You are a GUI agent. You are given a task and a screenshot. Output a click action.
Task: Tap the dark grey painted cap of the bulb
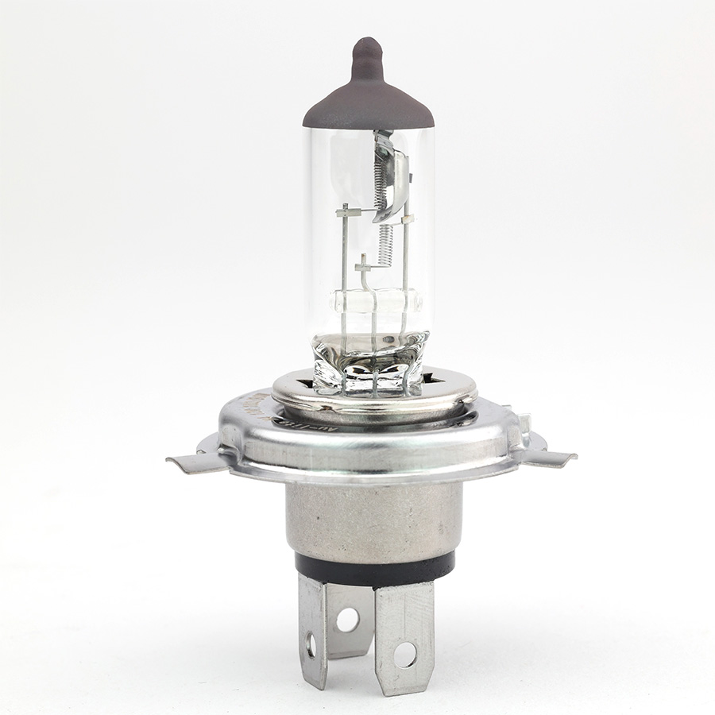[x=368, y=103]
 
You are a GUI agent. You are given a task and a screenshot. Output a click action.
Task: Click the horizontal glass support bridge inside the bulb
[x=371, y=303]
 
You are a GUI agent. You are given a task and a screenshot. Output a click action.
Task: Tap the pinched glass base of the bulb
[x=371, y=361]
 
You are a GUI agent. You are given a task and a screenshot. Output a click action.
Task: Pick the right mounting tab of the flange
[x=548, y=457]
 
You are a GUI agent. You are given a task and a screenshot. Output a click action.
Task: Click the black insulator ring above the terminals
[x=373, y=566]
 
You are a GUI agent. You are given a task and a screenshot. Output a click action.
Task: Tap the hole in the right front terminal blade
[x=404, y=653]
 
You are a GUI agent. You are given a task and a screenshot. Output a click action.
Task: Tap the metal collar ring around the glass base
[x=373, y=397]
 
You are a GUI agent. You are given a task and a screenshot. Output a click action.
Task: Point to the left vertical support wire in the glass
[x=342, y=262]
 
